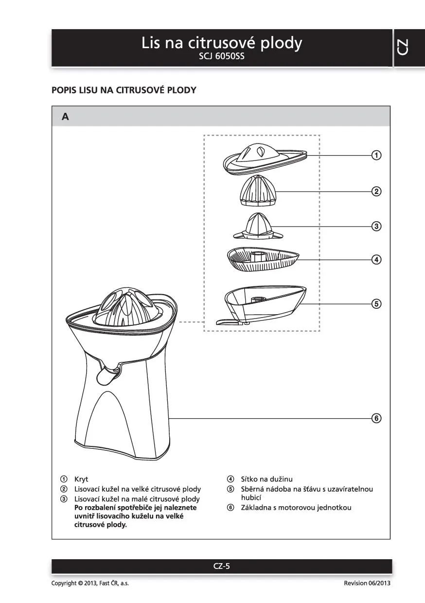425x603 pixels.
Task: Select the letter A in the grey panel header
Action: point(65,117)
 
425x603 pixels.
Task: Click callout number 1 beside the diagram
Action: point(376,156)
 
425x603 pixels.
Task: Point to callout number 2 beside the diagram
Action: point(376,191)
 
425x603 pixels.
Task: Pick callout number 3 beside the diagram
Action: point(376,226)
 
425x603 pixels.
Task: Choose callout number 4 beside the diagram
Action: point(376,259)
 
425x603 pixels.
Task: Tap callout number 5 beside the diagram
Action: point(376,304)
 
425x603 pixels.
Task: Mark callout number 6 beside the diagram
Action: point(376,418)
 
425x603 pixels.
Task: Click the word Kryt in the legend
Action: point(81,479)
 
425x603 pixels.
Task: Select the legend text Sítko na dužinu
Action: point(266,479)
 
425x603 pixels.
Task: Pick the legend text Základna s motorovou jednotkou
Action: point(296,508)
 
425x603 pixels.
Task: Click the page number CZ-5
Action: point(221,566)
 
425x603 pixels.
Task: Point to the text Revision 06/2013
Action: point(367,583)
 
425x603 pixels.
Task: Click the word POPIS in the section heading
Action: point(64,90)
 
